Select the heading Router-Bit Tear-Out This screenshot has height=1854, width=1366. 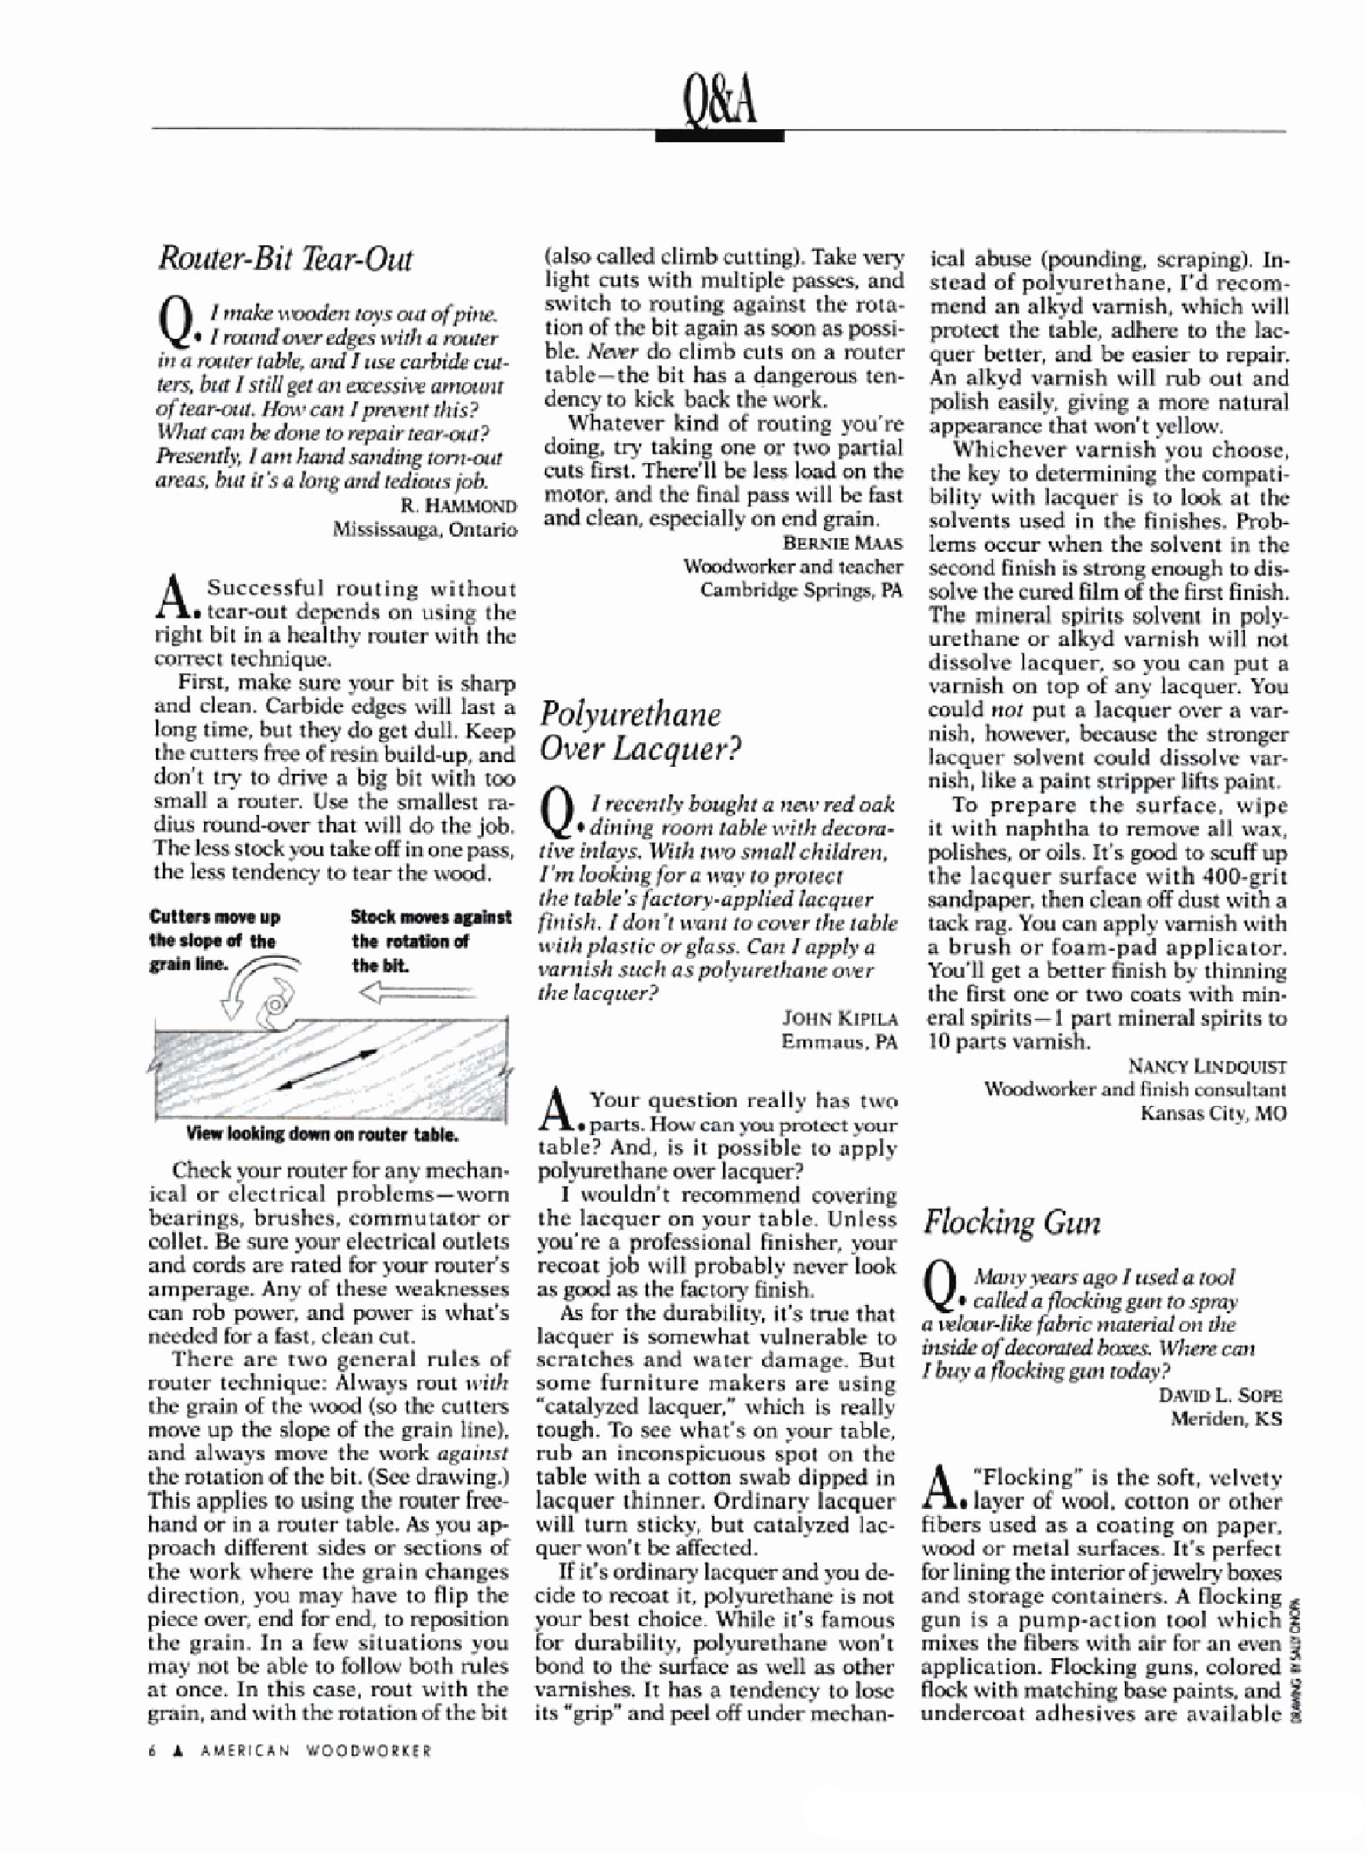[x=284, y=260]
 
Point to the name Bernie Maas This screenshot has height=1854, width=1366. [x=842, y=544]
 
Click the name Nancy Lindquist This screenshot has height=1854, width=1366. [x=1207, y=1066]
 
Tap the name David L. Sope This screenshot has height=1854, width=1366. [x=1220, y=1395]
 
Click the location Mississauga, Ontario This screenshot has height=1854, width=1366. [x=424, y=529]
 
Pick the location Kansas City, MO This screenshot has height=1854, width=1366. [x=1213, y=1113]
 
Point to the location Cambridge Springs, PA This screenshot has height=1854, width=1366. [x=801, y=590]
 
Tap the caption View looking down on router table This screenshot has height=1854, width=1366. [x=322, y=1133]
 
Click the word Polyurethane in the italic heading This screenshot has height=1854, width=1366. [x=629, y=715]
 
